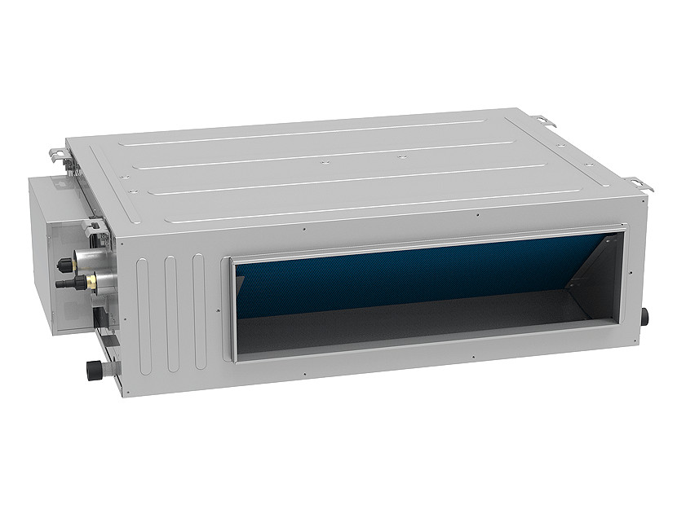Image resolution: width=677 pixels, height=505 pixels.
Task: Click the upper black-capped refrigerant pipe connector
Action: click(x=64, y=264)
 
